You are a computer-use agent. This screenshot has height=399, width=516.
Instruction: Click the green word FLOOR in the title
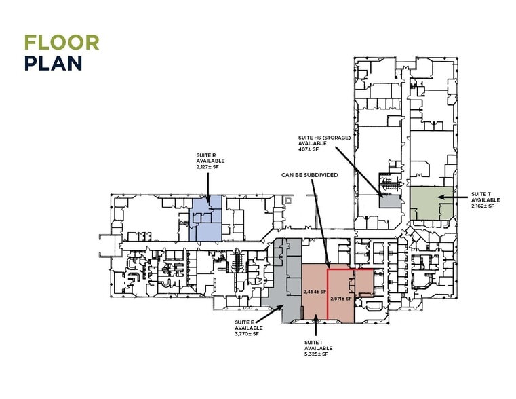[x=62, y=43]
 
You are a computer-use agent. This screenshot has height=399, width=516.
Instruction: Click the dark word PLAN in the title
[x=54, y=63]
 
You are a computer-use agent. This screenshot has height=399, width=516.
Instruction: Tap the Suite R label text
[x=210, y=161]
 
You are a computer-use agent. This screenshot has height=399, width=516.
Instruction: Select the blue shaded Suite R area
[x=205, y=218]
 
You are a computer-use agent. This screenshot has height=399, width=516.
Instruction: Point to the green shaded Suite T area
[x=431, y=203]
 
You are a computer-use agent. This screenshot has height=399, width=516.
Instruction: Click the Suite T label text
[x=485, y=199]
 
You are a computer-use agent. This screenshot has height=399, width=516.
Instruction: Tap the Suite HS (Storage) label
[x=325, y=143]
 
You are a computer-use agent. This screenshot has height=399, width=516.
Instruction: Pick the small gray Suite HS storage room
[x=391, y=201]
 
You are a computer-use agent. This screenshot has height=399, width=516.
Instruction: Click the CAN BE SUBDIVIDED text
[x=309, y=175]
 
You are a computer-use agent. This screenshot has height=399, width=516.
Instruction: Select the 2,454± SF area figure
[x=315, y=292]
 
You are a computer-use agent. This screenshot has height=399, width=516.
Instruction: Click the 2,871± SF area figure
[x=341, y=299]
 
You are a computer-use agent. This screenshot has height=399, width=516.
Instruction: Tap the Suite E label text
[x=248, y=328]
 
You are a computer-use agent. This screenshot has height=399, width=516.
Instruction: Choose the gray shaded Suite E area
[x=286, y=280]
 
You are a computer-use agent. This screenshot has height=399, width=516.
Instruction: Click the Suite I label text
[x=318, y=348]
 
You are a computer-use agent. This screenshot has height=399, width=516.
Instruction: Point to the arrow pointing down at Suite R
[x=207, y=187]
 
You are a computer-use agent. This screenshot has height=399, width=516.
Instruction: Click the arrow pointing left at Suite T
[x=452, y=197]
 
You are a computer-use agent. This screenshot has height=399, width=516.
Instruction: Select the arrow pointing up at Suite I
[x=315, y=325]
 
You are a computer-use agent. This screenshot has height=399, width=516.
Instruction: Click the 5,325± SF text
[x=316, y=354]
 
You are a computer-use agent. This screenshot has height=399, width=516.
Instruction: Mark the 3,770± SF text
[x=247, y=334]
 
